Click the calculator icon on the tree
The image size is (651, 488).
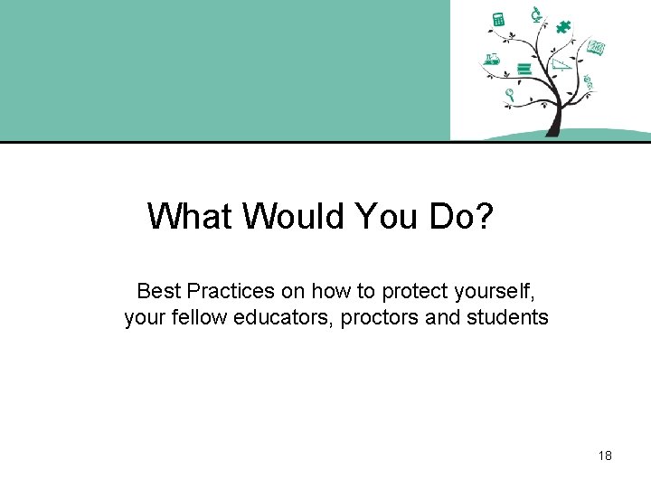click(x=497, y=19)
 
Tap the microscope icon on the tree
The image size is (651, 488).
click(x=535, y=13)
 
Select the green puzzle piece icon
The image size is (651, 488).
click(x=563, y=26)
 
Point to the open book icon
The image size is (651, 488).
click(x=595, y=47)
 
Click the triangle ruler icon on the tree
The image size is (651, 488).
click(x=561, y=64)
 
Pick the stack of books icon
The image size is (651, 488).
click(x=524, y=68)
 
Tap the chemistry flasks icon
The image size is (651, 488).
click(x=492, y=60)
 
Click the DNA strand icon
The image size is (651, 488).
click(x=589, y=82)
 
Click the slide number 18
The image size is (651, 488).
click(x=605, y=455)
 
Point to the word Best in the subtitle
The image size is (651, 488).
click(x=158, y=291)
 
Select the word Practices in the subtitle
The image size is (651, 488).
click(x=228, y=291)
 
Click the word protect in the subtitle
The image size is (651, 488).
click(x=412, y=291)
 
